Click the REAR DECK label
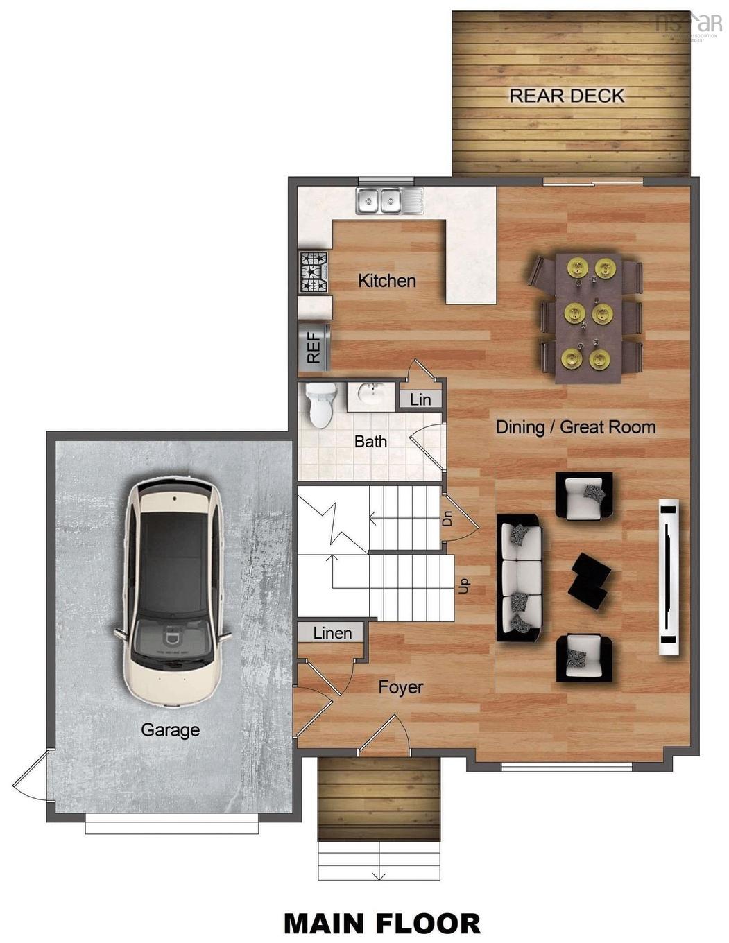click(567, 96)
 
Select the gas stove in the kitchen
click(313, 272)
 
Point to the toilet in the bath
click(320, 406)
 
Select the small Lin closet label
click(420, 399)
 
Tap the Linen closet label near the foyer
click(332, 633)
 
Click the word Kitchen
click(387, 281)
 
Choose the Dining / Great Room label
click(575, 427)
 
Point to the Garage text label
click(170, 729)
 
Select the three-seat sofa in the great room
click(520, 578)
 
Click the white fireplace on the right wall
click(668, 577)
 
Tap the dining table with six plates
click(588, 317)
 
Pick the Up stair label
click(464, 586)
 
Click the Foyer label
click(400, 687)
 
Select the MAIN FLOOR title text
click(381, 924)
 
